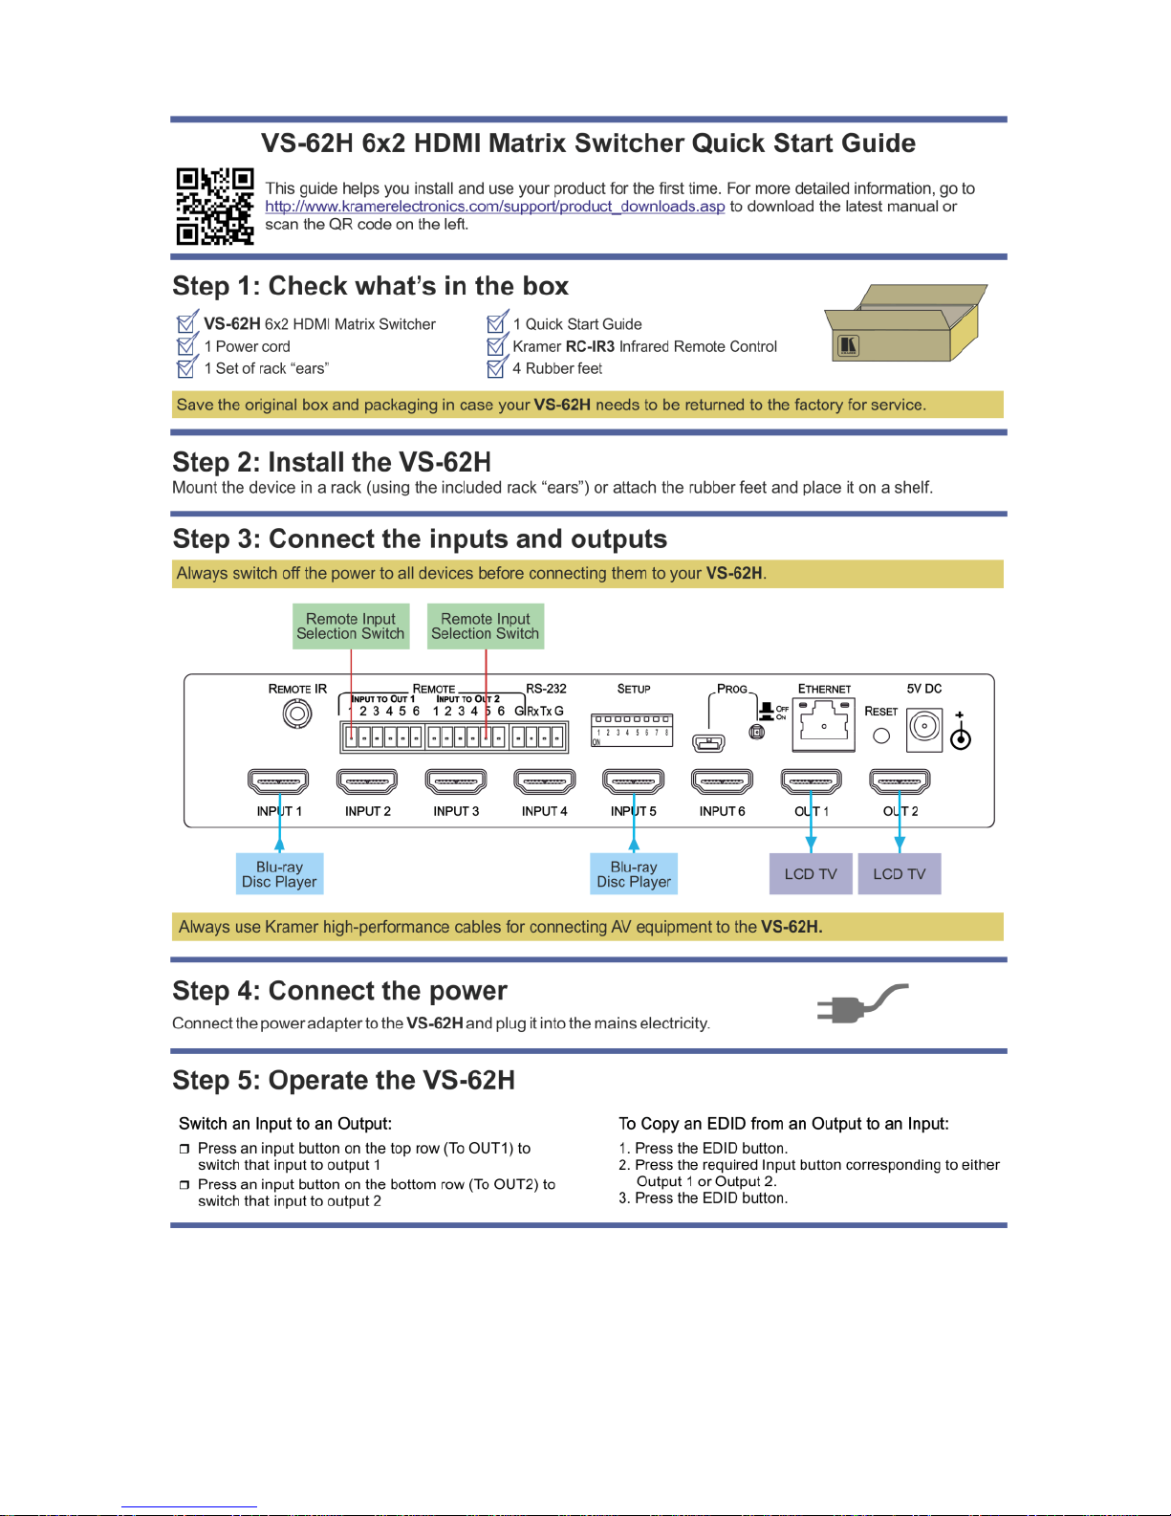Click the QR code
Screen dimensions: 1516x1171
tap(214, 206)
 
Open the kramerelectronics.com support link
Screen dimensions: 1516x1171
tap(494, 207)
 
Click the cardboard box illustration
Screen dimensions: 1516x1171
tap(904, 323)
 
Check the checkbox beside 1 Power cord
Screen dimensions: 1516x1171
tap(186, 345)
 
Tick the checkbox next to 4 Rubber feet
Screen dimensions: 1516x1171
tap(495, 368)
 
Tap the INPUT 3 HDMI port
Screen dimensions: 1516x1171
tap(456, 781)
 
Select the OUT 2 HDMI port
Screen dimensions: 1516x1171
tap(900, 781)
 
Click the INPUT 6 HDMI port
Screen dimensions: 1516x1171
tap(722, 781)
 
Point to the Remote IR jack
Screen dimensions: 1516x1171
tap(297, 714)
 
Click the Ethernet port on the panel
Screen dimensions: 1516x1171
tap(823, 723)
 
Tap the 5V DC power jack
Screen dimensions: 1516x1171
tap(924, 728)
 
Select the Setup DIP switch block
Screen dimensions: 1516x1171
tap(632, 730)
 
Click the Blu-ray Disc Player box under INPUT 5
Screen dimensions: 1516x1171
tap(634, 874)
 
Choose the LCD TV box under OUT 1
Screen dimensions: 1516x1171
tap(811, 874)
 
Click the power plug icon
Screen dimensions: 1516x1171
tap(860, 1004)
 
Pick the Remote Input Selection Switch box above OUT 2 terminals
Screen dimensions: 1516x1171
tap(486, 626)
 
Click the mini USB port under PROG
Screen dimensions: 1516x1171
tap(708, 741)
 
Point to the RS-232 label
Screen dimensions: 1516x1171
tap(546, 689)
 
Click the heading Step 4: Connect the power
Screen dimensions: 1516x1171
tap(339, 991)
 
